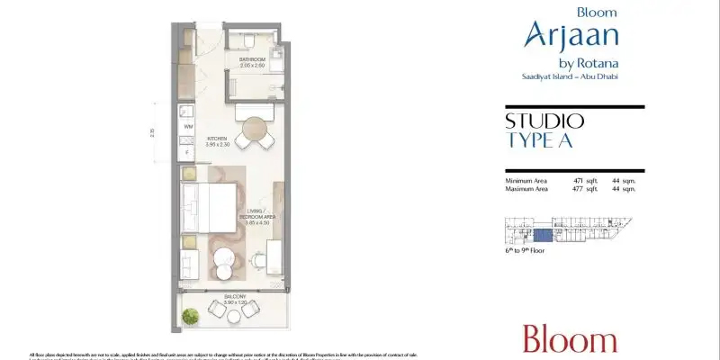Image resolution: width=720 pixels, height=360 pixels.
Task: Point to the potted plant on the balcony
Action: click(191, 316)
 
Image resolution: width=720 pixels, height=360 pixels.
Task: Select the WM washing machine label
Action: click(189, 127)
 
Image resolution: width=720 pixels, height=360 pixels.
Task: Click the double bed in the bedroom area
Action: click(209, 207)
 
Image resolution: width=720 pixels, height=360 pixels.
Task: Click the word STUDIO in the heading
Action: click(544, 121)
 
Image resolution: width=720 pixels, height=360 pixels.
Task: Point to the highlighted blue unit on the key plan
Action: click(543, 235)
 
